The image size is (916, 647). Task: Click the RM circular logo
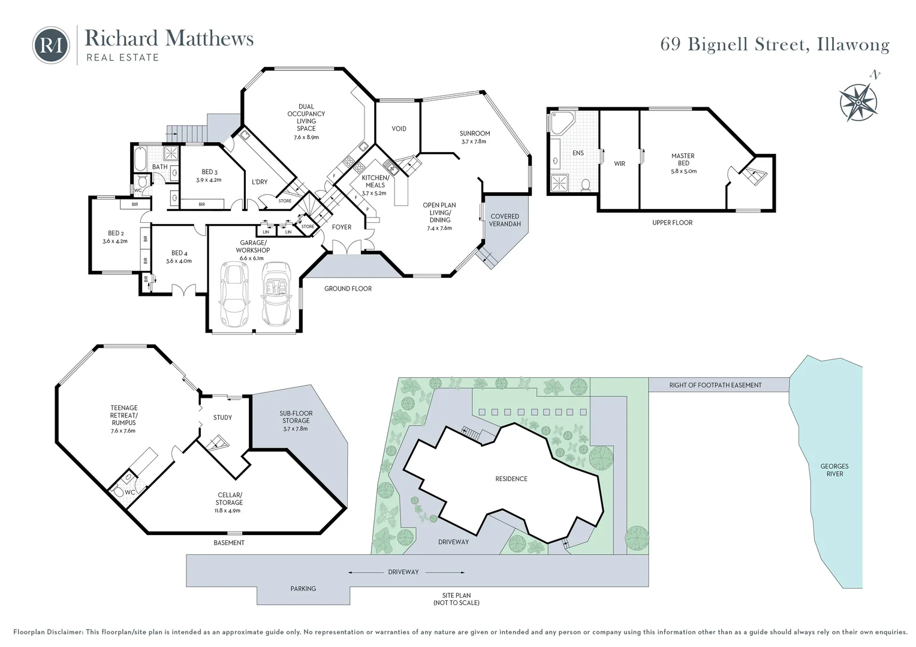coord(51,46)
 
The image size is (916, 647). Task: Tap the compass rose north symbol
coord(858,102)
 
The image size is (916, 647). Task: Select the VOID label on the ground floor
coord(399,129)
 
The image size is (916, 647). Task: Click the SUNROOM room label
coord(474,133)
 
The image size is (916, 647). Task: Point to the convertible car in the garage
coord(276,294)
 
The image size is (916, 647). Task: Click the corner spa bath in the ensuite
coord(562,122)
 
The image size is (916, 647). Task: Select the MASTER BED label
coord(683,159)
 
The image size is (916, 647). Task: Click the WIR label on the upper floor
coord(619,164)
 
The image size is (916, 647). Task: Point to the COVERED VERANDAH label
coord(505,220)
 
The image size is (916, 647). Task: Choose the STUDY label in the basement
coord(222,418)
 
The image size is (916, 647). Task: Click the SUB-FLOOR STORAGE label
coord(296,417)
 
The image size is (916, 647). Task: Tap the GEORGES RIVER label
coord(834,470)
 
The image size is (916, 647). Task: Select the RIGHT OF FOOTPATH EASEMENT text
coord(715,385)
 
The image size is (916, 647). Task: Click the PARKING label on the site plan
coord(303,588)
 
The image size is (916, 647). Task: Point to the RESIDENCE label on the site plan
coord(511,479)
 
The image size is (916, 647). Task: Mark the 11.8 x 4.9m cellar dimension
coord(228,510)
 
